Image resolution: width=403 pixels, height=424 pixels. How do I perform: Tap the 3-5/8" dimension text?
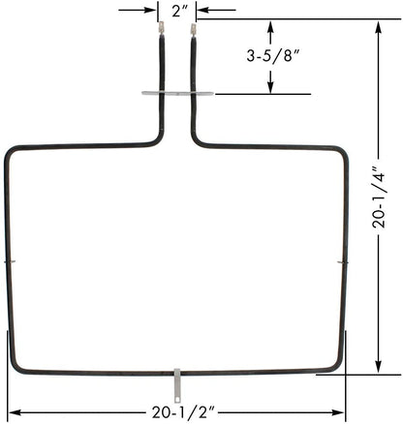tap(271, 56)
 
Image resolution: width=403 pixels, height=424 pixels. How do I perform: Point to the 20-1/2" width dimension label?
tap(176, 412)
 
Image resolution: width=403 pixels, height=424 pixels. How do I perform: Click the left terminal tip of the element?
tap(160, 31)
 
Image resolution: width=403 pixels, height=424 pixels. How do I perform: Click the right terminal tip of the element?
tap(193, 31)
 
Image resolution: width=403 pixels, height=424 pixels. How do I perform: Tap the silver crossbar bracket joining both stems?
tap(176, 94)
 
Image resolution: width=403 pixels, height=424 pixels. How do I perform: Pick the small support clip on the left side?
tap(9, 261)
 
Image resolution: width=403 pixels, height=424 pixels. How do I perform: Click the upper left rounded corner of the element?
tap(14, 153)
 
